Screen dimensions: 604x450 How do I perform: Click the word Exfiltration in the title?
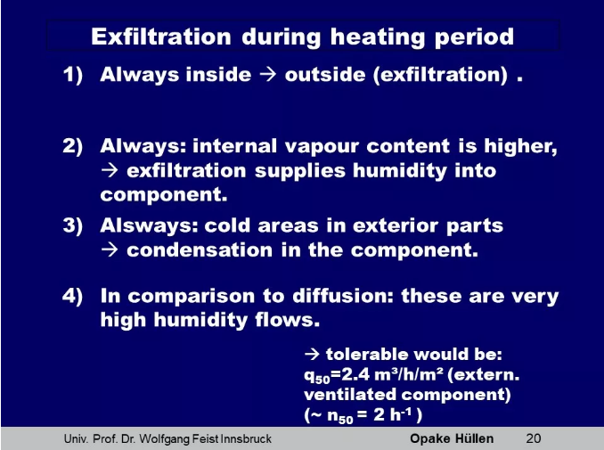pyautogui.click(x=161, y=37)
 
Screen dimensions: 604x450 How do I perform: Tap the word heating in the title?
pyautogui.click(x=378, y=37)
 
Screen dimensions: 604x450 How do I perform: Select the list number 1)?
pyautogui.click(x=73, y=75)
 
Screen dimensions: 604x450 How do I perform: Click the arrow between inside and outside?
pyautogui.click(x=268, y=74)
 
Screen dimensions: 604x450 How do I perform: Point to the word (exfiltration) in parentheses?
pyautogui.click(x=440, y=74)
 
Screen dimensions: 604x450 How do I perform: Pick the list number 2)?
pyautogui.click(x=73, y=146)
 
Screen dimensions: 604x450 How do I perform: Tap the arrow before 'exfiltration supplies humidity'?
pyautogui.click(x=110, y=170)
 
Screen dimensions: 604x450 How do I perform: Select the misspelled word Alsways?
pyautogui.click(x=149, y=225)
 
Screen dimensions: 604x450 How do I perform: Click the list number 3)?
pyautogui.click(x=73, y=226)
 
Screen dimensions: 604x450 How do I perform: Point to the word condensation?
pyautogui.click(x=200, y=250)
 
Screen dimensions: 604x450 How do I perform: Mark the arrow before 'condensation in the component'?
pyautogui.click(x=110, y=250)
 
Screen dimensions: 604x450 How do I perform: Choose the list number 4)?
pyautogui.click(x=73, y=297)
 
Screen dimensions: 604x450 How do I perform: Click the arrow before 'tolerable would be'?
pyautogui.click(x=312, y=354)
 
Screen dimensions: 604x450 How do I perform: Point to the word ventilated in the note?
pyautogui.click(x=350, y=395)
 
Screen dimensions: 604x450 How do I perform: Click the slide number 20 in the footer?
pyautogui.click(x=534, y=438)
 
